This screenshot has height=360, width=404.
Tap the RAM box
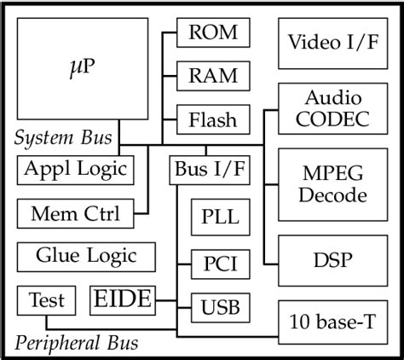(213, 75)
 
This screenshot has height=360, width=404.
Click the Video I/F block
(332, 43)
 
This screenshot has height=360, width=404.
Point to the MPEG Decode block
(332, 184)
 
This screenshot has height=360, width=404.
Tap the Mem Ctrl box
(75, 212)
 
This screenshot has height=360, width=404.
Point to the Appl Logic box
(75, 169)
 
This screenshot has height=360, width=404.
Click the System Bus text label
(66, 138)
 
